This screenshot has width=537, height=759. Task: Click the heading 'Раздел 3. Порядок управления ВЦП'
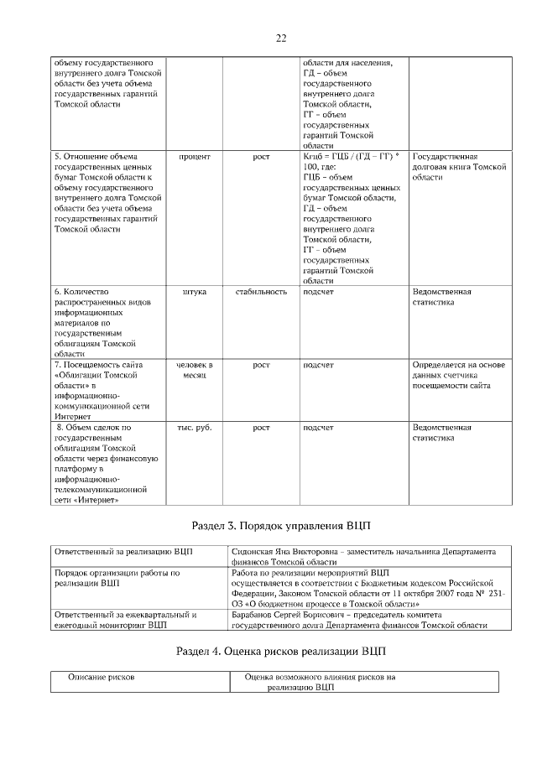click(x=280, y=525)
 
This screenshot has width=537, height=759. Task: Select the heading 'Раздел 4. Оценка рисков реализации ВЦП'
click(x=280, y=652)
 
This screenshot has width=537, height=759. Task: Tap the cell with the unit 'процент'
click(x=195, y=157)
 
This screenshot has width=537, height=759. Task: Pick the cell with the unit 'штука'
click(x=195, y=292)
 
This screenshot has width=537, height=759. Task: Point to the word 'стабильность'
click(x=261, y=292)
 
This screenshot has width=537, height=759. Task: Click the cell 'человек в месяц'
click(x=195, y=370)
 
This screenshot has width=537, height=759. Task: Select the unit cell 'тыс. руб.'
click(x=195, y=428)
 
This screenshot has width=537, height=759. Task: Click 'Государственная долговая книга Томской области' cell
click(x=459, y=167)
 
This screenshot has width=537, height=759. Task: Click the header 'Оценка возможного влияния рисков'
click(x=320, y=676)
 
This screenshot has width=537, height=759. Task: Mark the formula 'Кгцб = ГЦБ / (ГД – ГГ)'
click(x=348, y=157)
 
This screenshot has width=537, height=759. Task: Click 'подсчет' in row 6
click(x=318, y=292)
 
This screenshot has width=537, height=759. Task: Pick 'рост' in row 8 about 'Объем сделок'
click(x=261, y=428)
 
